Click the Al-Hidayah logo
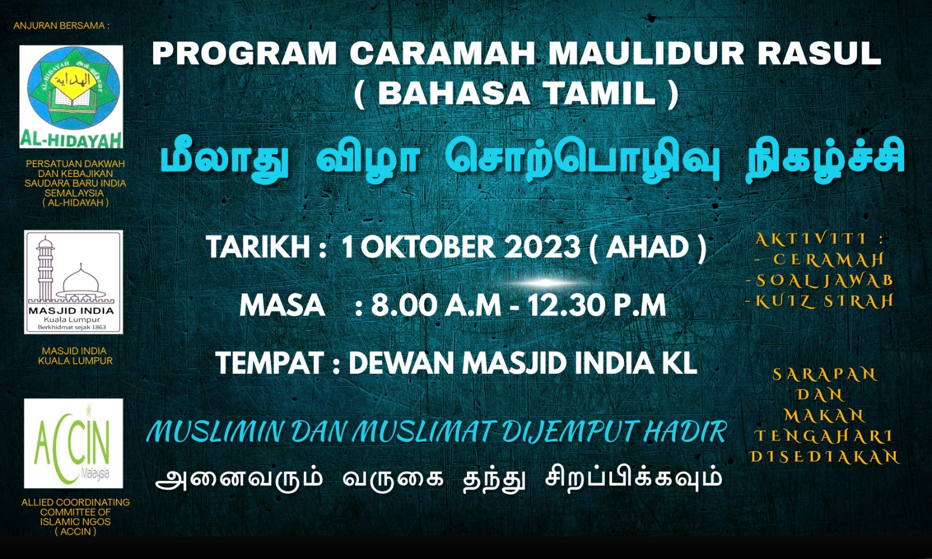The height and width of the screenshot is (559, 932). point(71,97)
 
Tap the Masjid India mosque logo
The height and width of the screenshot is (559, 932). point(73,282)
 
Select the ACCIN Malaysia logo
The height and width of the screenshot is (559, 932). point(73,443)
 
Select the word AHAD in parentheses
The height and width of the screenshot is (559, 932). point(648,247)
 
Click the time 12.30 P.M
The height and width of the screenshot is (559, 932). point(596,306)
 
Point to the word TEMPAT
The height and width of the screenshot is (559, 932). point(270,363)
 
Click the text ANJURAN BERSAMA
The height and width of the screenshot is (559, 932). point(62,26)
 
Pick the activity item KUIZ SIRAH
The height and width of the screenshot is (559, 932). point(819,301)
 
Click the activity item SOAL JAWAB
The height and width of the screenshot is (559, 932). point(819,280)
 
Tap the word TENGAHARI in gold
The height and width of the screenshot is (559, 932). point(823,436)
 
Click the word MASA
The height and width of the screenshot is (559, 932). point(282,306)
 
